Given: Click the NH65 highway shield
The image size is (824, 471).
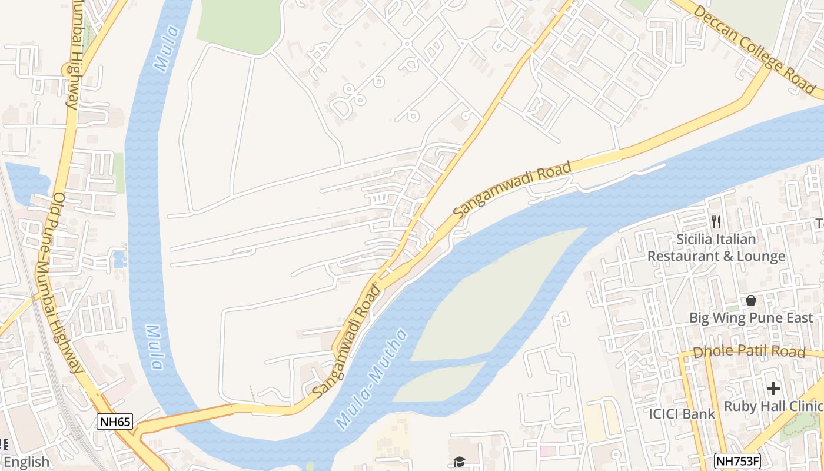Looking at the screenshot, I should [115, 422].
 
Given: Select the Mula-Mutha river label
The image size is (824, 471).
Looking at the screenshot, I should [371, 379].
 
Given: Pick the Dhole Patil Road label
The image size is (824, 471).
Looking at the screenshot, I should [749, 352].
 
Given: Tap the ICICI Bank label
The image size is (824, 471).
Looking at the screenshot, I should [682, 414].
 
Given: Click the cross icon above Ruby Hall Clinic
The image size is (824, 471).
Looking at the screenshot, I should [773, 389].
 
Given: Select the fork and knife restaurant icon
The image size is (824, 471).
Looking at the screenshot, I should [716, 222].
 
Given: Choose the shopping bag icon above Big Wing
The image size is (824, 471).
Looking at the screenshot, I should [750, 300].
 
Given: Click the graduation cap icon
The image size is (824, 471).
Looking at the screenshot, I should [458, 462].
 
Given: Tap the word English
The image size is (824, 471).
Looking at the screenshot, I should [26, 462].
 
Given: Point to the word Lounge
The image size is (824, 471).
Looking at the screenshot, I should [758, 256].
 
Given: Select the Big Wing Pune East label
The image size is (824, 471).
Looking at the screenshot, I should [751, 318].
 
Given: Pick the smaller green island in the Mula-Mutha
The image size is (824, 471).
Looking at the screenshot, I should [438, 383].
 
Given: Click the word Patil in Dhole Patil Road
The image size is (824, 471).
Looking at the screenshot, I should [748, 352].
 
